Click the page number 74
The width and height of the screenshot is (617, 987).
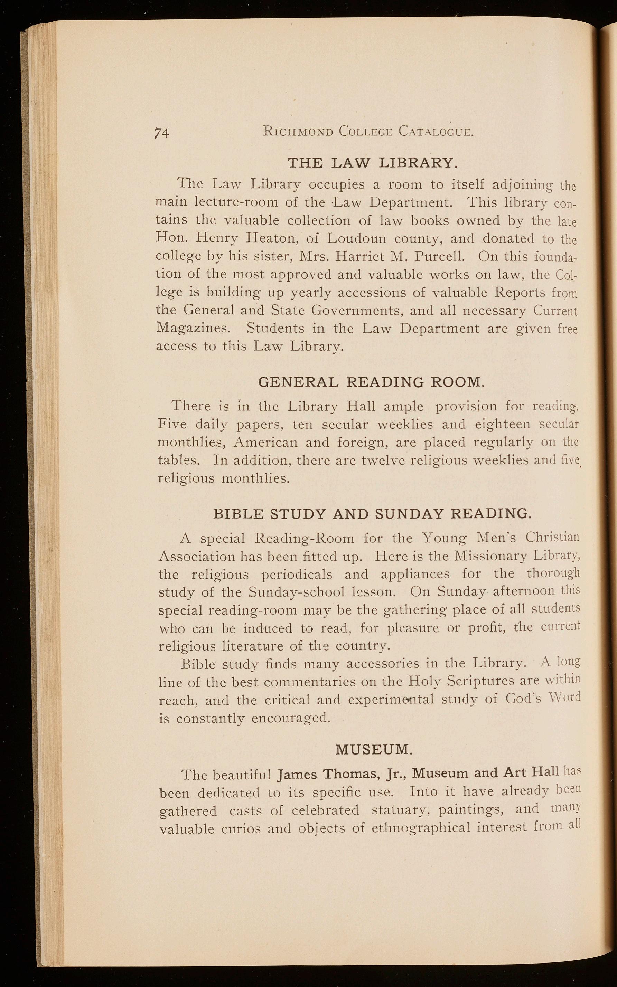(162, 133)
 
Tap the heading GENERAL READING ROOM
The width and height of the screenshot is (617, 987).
(371, 382)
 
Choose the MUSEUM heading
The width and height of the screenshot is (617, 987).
(374, 749)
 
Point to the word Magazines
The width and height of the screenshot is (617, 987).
(194, 328)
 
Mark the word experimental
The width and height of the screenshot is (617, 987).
(391, 700)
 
